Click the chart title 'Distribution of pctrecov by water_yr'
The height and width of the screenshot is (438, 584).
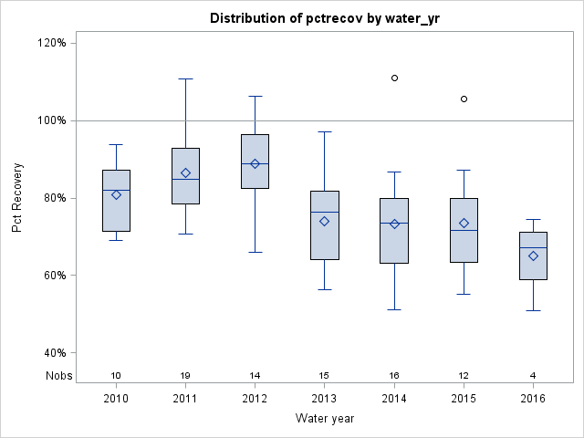(x=324, y=18)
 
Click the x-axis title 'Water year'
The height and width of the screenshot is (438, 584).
(x=324, y=418)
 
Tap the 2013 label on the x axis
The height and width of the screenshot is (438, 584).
(x=324, y=398)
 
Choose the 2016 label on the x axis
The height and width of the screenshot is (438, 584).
(x=533, y=398)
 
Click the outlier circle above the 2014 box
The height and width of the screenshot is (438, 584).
(x=394, y=78)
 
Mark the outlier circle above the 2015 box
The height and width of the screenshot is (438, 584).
(x=464, y=99)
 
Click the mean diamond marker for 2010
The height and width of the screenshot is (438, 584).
(x=116, y=194)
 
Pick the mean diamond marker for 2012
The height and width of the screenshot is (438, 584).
(x=255, y=163)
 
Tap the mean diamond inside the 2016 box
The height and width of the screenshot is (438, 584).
(x=533, y=255)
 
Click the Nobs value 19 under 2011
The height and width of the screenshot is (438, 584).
(x=185, y=375)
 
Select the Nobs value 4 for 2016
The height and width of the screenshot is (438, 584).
(x=533, y=375)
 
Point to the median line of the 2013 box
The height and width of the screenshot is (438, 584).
(x=324, y=212)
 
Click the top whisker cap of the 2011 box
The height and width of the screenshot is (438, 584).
(x=185, y=78)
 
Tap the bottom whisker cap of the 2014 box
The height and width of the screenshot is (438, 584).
(x=394, y=309)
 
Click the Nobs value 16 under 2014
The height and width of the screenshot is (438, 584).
(x=394, y=375)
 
